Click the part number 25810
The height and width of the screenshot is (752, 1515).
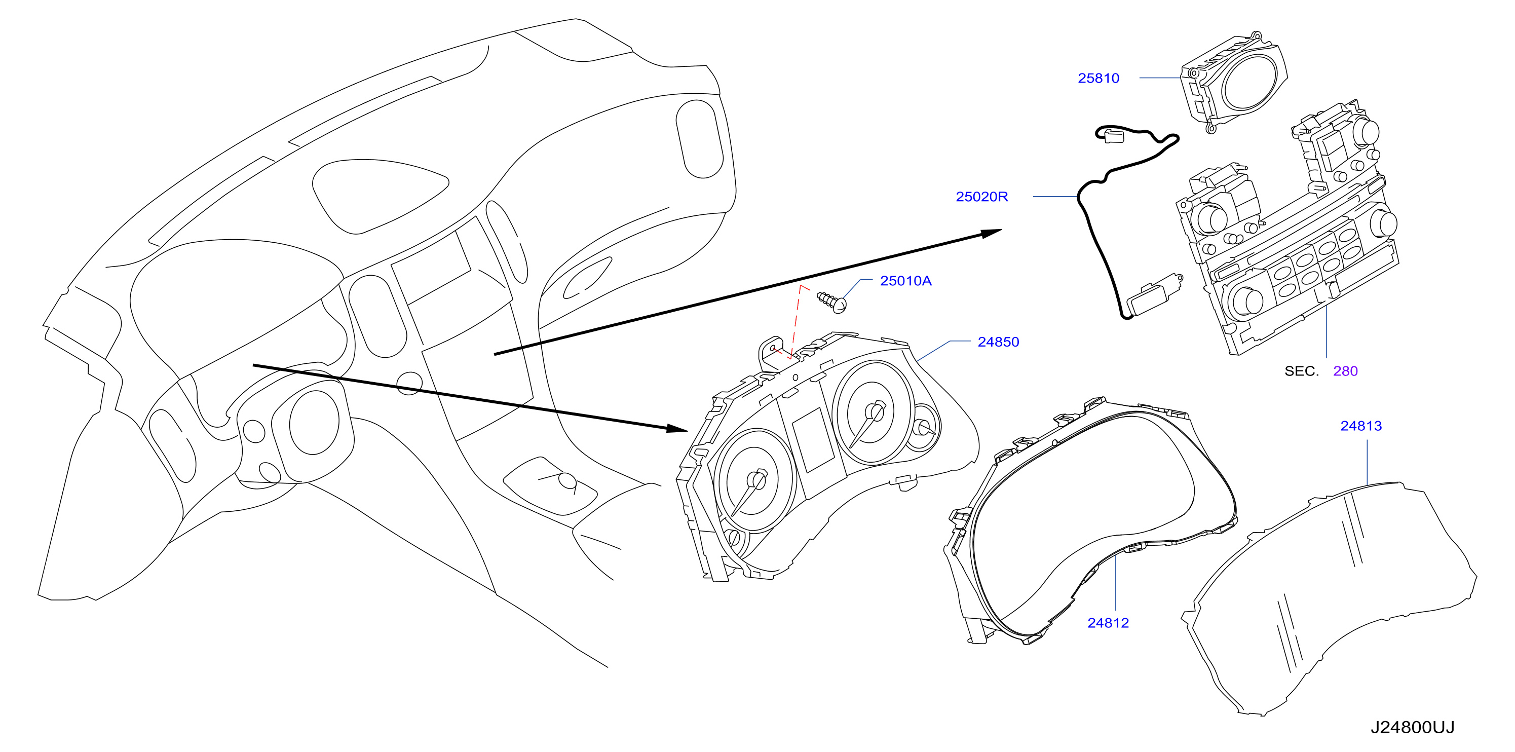tap(1098, 78)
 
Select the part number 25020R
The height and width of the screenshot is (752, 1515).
tap(981, 197)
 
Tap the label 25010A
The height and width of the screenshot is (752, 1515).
tap(906, 281)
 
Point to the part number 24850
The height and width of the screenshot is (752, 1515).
tap(998, 342)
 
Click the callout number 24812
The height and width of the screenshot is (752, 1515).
tap(1108, 623)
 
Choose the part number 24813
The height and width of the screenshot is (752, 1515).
tap(1361, 426)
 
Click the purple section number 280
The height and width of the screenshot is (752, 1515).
tap(1345, 371)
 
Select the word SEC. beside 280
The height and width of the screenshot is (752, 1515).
tap(1302, 371)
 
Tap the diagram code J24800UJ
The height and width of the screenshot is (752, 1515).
tap(1412, 728)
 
